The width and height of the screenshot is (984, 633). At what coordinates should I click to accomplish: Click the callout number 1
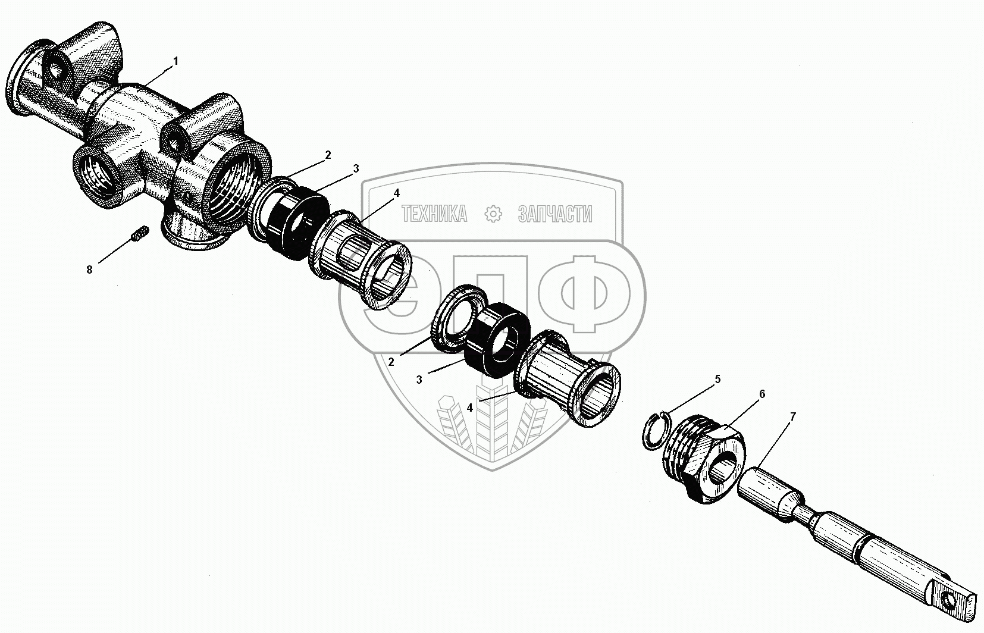pyautogui.click(x=176, y=61)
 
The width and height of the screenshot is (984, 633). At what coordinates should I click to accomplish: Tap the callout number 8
pyautogui.click(x=90, y=270)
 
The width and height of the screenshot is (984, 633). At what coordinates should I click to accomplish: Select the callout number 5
pyautogui.click(x=717, y=379)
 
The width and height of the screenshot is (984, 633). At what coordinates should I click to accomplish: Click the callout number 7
pyautogui.click(x=792, y=417)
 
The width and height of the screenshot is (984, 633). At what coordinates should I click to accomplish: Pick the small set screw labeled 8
pyautogui.click(x=139, y=236)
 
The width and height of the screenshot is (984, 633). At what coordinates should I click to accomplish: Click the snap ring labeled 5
pyautogui.click(x=656, y=429)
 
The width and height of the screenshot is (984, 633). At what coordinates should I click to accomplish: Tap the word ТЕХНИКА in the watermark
pyautogui.click(x=434, y=214)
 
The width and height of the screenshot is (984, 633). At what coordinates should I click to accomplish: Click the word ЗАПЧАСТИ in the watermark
pyautogui.click(x=555, y=214)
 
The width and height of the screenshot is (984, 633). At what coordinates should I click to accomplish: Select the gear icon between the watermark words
pyautogui.click(x=493, y=214)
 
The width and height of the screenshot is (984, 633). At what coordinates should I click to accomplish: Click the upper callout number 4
pyautogui.click(x=396, y=193)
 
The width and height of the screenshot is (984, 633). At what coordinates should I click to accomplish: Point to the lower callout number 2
pyautogui.click(x=391, y=362)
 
